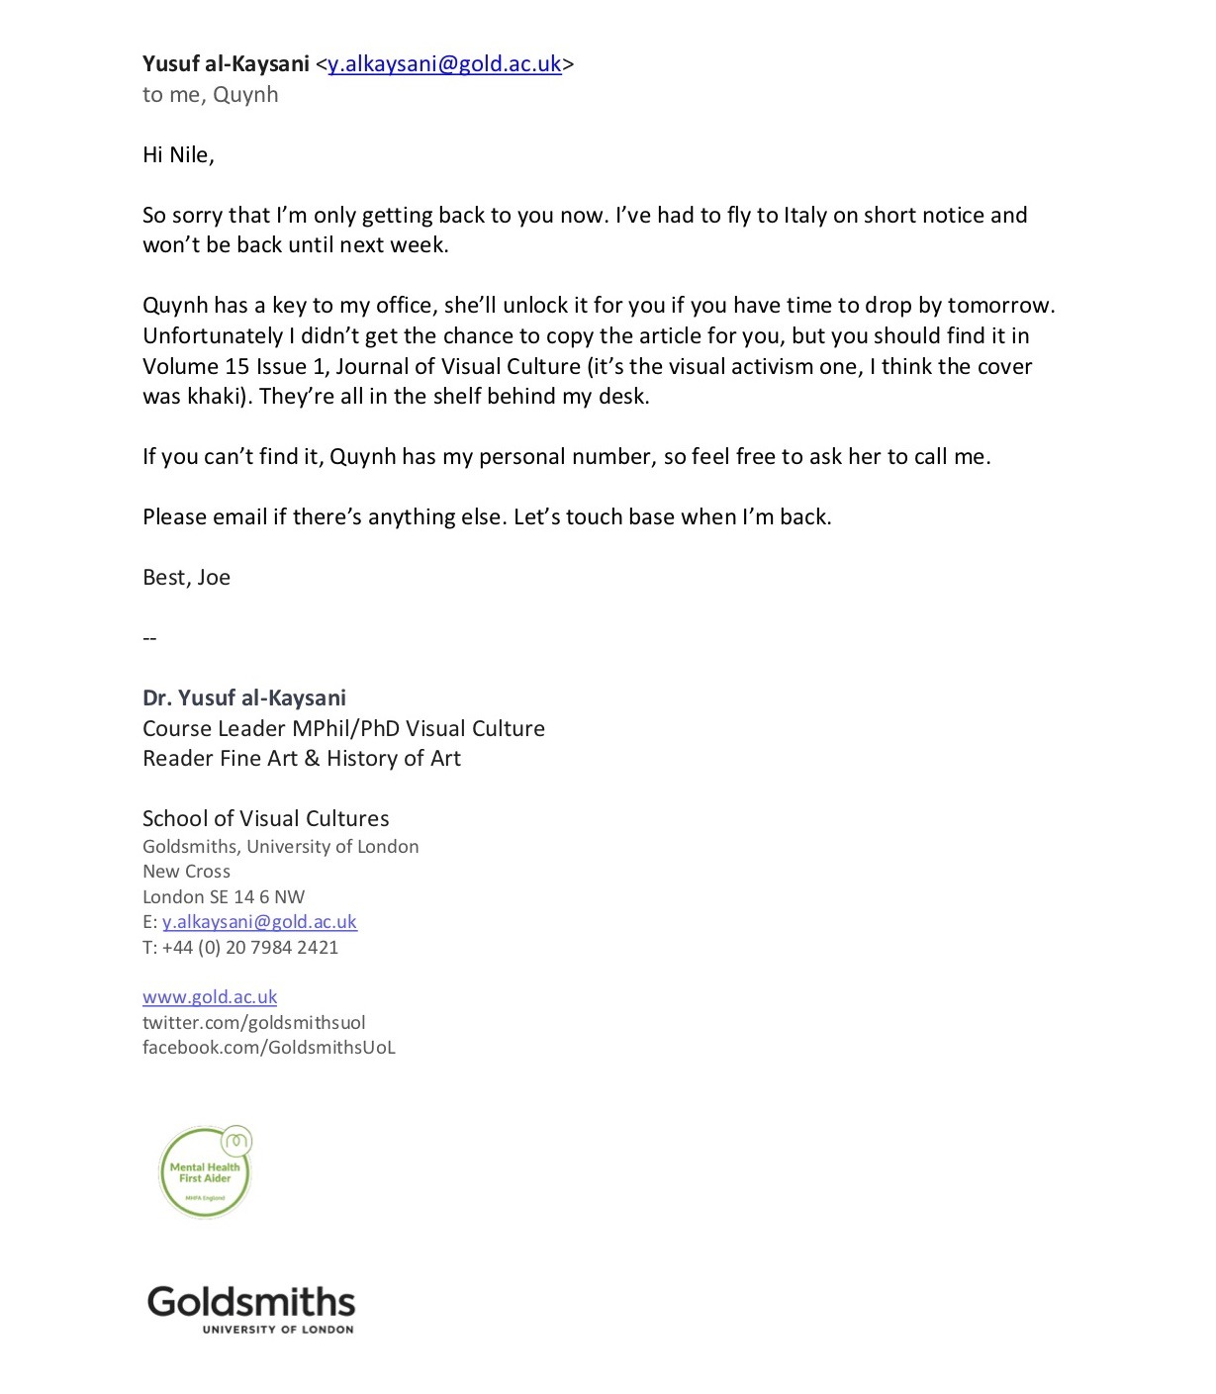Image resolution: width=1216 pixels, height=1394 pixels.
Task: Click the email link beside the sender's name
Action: pyautogui.click(x=444, y=64)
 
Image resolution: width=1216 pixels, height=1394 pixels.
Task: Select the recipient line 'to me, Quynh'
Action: pyautogui.click(x=210, y=95)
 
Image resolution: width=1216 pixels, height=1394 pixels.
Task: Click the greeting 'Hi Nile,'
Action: pyautogui.click(x=178, y=155)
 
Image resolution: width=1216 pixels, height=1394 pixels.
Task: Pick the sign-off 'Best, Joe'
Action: pyautogui.click(x=186, y=578)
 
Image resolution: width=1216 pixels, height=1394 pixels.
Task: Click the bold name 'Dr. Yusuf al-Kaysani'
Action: pyautogui.click(x=244, y=698)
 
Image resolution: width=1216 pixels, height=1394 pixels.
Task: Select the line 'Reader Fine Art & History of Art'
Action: pyautogui.click(x=302, y=759)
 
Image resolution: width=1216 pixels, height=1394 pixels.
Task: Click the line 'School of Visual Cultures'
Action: pyautogui.click(x=265, y=819)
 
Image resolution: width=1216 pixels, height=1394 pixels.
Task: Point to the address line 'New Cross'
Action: pyautogui.click(x=186, y=872)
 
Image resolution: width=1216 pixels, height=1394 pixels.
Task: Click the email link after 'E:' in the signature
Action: pyautogui.click(x=259, y=922)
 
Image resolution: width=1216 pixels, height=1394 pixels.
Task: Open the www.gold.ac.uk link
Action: pyautogui.click(x=210, y=997)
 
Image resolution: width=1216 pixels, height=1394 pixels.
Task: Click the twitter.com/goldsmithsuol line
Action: pyautogui.click(x=253, y=1023)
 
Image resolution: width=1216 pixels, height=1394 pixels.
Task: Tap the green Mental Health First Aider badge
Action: pyautogui.click(x=205, y=1172)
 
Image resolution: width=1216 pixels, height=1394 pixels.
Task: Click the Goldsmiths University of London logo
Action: pyautogui.click(x=251, y=1309)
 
